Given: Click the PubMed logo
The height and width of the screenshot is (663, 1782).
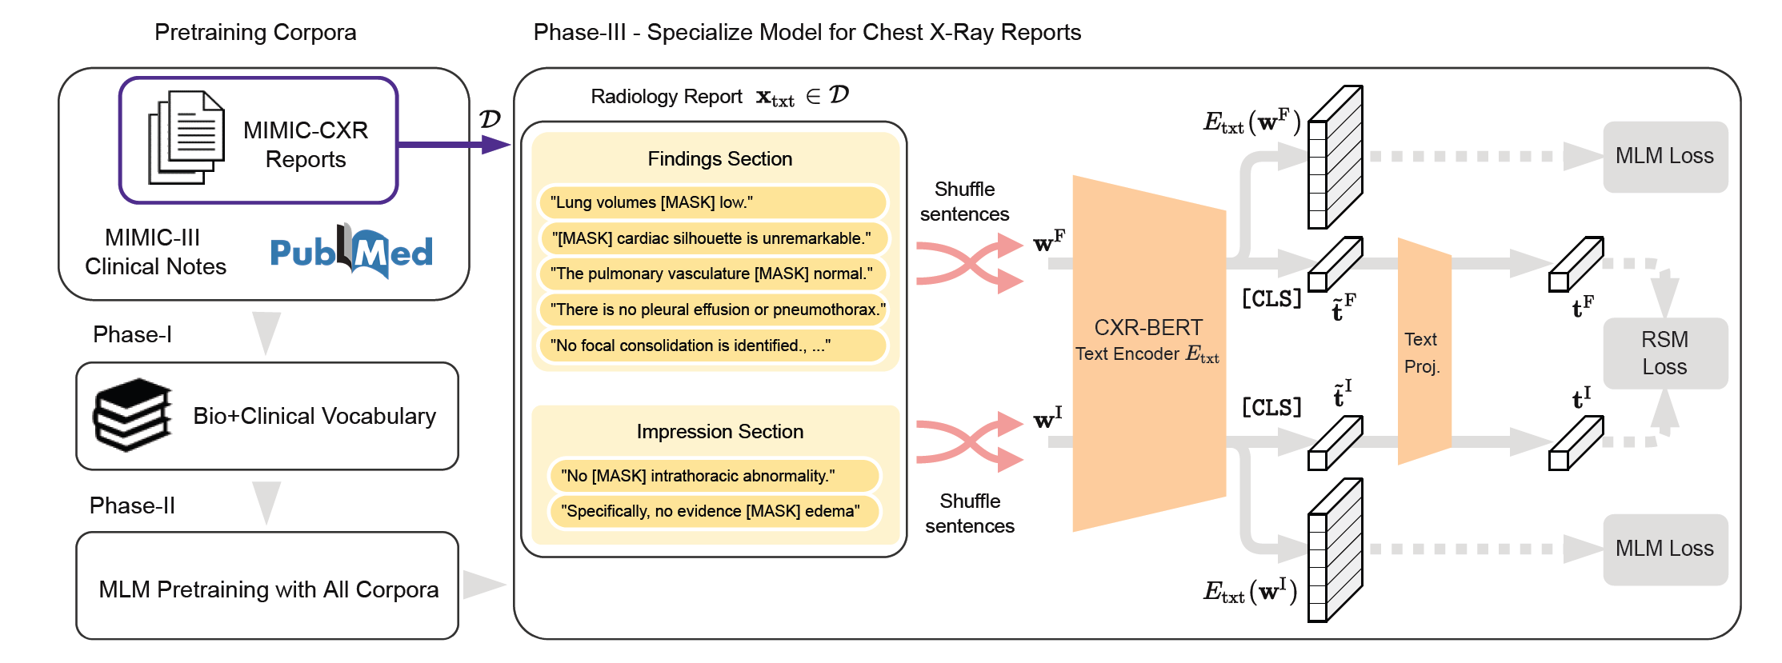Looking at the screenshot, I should click(x=351, y=252).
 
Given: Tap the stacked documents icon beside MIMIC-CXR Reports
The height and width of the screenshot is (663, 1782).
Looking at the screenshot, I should click(x=186, y=138).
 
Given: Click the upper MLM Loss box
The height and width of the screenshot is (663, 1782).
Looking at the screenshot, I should click(x=1664, y=156).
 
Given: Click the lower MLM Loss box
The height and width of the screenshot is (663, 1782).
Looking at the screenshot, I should click(x=1664, y=549).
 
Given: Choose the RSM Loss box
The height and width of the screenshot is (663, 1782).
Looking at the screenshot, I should click(x=1664, y=353).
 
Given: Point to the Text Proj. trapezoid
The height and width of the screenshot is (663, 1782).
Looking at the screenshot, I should click(x=1424, y=352).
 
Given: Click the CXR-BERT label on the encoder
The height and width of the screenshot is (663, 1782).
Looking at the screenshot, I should click(x=1147, y=327).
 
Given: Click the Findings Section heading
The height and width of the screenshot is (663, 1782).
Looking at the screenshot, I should click(x=719, y=159).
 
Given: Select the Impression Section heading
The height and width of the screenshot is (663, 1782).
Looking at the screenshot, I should click(x=719, y=432).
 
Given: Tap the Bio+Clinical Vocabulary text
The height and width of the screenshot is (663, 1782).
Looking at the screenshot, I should click(x=314, y=416).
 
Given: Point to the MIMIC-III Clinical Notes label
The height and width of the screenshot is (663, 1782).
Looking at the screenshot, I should click(x=155, y=252).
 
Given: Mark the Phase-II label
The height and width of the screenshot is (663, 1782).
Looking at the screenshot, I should click(x=132, y=505).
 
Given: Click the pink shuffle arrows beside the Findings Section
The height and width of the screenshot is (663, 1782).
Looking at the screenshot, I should click(x=969, y=262).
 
